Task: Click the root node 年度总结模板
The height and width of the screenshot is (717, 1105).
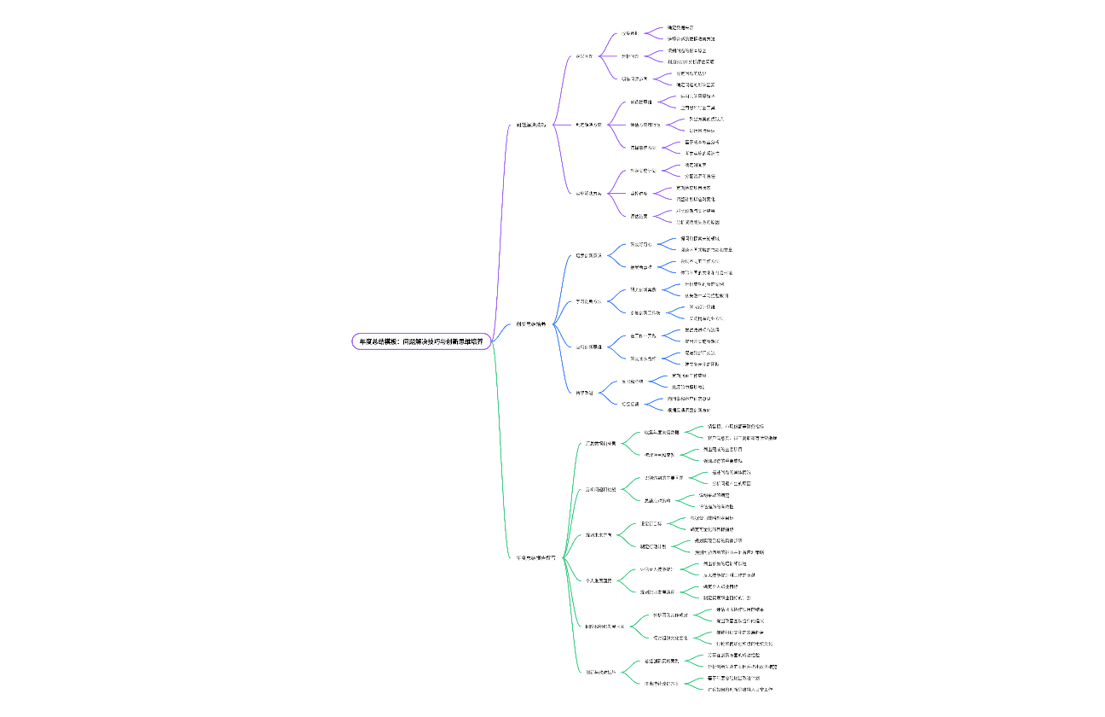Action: coord(421,341)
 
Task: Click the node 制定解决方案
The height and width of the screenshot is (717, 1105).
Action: coord(588,125)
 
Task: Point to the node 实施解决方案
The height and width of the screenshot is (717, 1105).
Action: coord(588,193)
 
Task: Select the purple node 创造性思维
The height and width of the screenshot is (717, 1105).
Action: coord(641,102)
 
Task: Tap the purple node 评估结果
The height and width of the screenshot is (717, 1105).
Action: coord(640,216)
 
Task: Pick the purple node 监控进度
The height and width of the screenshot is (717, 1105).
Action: coord(639,194)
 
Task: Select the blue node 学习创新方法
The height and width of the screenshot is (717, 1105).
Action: coord(588,301)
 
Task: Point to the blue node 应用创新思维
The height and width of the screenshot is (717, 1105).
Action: coord(588,347)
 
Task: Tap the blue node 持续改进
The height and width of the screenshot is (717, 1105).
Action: coord(584,393)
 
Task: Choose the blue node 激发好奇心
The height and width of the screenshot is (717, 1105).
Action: coord(640,244)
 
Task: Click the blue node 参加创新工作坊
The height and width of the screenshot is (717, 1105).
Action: coord(645,312)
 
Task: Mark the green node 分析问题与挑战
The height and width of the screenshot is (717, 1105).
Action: coord(600,489)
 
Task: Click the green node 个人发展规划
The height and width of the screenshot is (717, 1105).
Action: coord(598,580)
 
